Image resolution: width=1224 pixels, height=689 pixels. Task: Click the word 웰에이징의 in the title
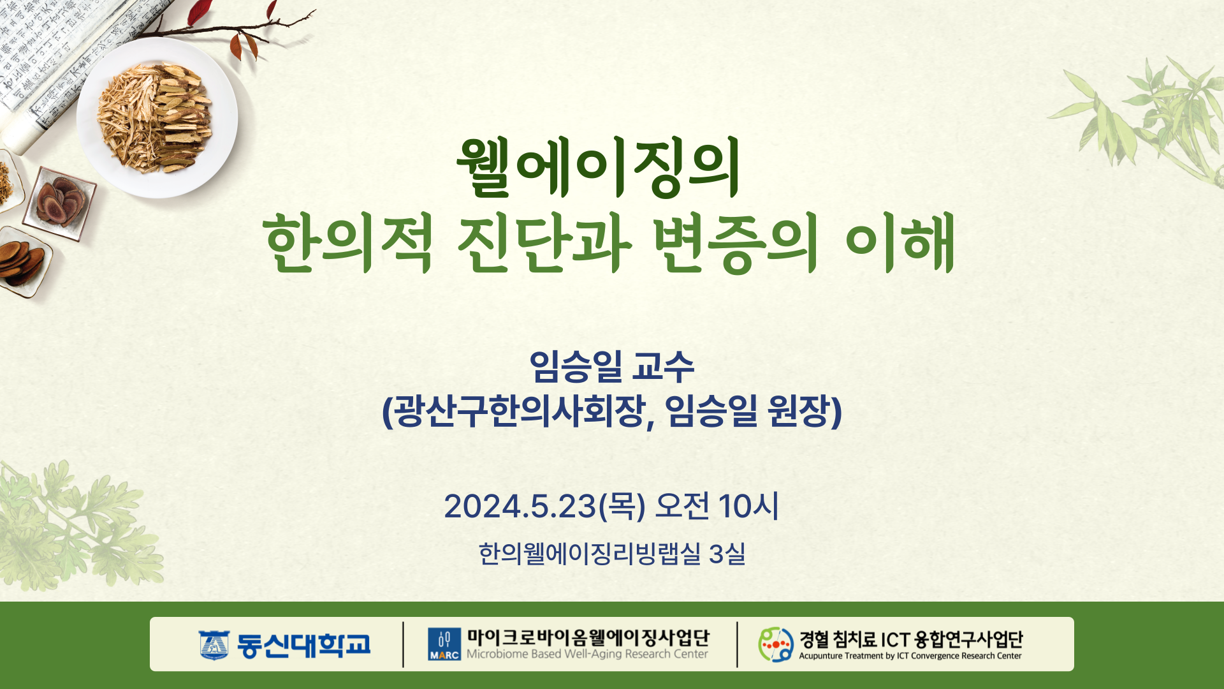point(598,167)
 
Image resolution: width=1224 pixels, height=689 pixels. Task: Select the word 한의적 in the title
point(348,243)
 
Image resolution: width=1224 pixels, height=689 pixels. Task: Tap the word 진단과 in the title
point(544,243)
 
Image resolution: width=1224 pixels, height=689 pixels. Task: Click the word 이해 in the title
point(900,243)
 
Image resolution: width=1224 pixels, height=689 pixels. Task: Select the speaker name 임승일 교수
point(612,366)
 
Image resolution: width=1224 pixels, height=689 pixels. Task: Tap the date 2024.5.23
point(520,507)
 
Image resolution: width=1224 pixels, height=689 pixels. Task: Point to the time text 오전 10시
point(717,507)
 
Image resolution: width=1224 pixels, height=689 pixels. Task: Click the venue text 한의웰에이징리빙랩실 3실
point(612,554)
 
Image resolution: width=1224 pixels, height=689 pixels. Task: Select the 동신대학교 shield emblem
point(214,645)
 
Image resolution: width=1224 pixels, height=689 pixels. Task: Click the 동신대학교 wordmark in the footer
point(303,645)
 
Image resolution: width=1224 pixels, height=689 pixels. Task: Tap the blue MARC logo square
point(444,644)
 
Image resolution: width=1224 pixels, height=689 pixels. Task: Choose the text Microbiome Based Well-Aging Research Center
point(587,654)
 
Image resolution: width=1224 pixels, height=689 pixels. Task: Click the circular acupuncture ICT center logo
point(776,644)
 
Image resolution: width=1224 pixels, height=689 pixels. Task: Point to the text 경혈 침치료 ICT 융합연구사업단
point(911,639)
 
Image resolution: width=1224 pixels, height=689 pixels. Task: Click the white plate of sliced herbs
point(157,118)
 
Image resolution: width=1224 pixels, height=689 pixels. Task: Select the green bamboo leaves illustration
point(1141,118)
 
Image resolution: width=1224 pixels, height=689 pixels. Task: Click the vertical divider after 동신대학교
point(403,644)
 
